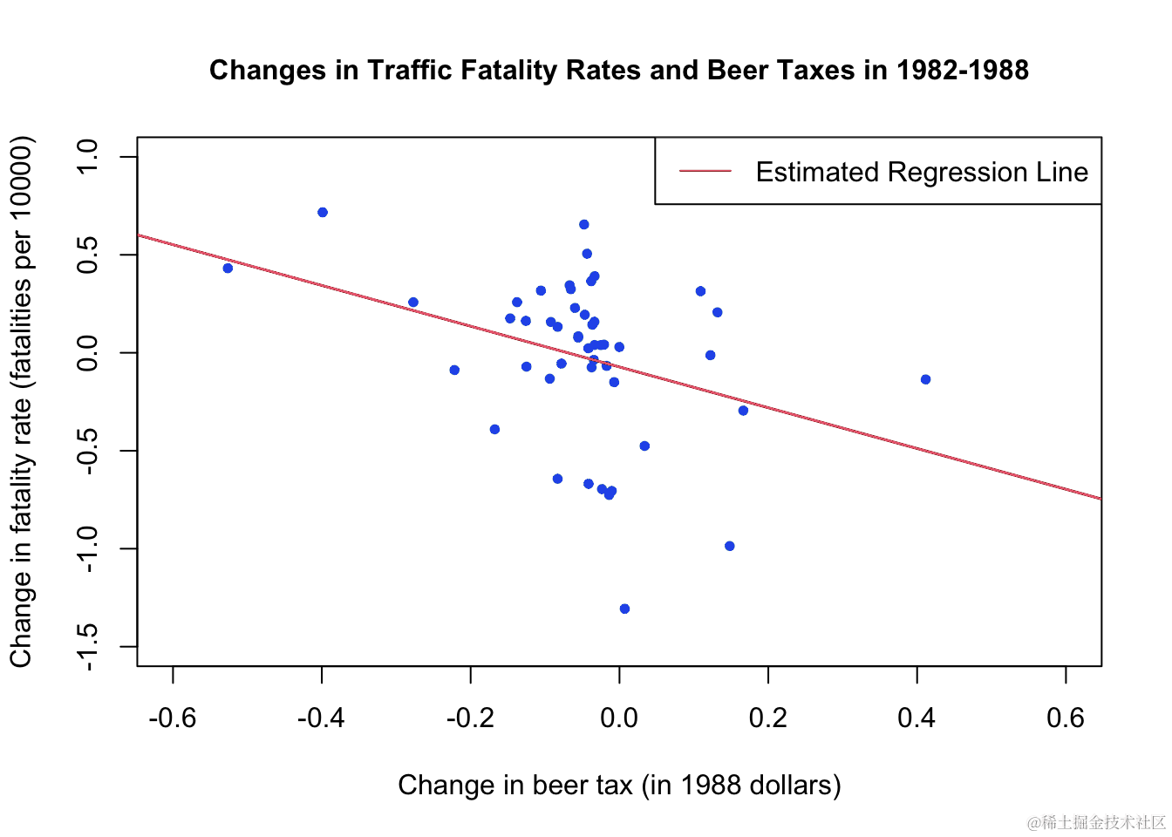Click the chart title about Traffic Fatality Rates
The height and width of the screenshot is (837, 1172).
[x=618, y=70]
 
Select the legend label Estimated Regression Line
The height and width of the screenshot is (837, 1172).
[x=921, y=172]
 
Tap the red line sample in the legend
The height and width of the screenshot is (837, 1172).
[x=705, y=172]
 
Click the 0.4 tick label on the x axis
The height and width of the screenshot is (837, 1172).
[x=916, y=718]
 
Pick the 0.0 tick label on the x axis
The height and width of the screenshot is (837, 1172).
[x=619, y=718]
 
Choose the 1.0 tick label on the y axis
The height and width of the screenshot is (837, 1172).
[x=88, y=157]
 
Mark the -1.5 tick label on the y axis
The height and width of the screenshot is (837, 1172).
[x=88, y=647]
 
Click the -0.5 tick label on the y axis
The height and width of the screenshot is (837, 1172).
[x=88, y=451]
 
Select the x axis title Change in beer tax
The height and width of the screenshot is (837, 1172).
[x=619, y=785]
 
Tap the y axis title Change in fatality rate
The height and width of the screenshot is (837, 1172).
[x=21, y=402]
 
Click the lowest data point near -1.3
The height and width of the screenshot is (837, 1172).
[x=624, y=609]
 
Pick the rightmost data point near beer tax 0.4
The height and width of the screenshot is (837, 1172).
[x=925, y=379]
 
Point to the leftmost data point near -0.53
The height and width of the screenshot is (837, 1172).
[x=228, y=269]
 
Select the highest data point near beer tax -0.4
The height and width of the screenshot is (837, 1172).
[x=323, y=213]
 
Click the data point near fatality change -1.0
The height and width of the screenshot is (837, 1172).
[x=730, y=546]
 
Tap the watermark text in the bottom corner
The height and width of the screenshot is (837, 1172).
[x=1096, y=822]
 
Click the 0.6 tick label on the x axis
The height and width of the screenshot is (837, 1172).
[x=1066, y=718]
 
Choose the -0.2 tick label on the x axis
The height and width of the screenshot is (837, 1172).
[x=470, y=718]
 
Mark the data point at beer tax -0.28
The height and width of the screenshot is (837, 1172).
[x=413, y=303]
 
